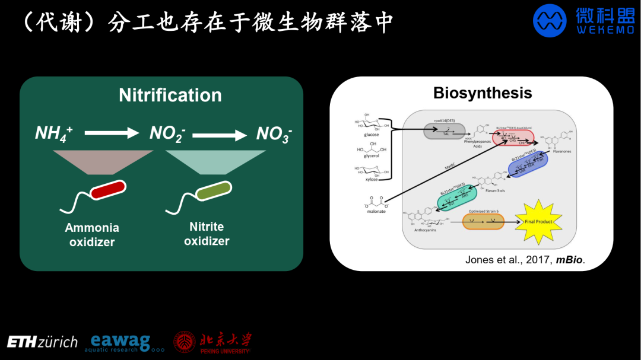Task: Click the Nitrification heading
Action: tap(170, 95)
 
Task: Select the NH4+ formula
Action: tap(54, 134)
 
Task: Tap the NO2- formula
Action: tap(167, 134)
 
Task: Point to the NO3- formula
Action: tap(274, 135)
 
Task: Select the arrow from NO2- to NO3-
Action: tap(219, 135)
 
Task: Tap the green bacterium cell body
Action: tap(214, 191)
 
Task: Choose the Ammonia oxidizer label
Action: tap(92, 235)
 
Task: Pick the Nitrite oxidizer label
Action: tap(207, 234)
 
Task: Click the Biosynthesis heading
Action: tap(483, 93)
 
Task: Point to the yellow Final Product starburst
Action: tap(539, 222)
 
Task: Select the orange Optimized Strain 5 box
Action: tap(478, 222)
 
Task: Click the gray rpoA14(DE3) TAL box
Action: tap(445, 131)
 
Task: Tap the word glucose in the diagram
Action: tap(372, 135)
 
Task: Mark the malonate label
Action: tap(377, 211)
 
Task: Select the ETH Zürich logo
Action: tap(42, 342)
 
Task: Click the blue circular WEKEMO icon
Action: tap(550, 21)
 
